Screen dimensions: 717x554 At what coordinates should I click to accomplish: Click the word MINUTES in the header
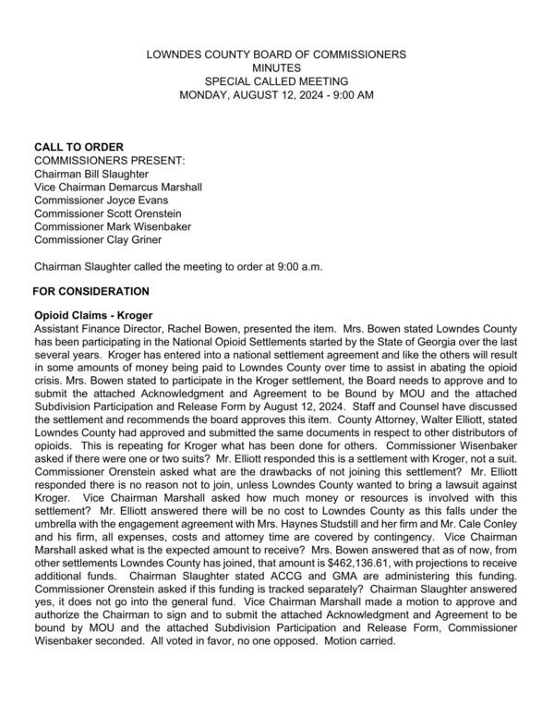point(276,67)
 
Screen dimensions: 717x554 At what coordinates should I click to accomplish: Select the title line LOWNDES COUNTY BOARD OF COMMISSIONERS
point(276,55)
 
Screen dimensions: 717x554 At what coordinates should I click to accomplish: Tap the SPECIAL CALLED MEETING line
point(276,81)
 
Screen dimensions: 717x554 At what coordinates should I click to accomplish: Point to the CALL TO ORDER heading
point(78,147)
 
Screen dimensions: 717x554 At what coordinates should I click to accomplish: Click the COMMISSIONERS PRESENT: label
point(109,160)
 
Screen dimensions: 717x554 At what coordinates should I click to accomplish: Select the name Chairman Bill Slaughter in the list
point(90,174)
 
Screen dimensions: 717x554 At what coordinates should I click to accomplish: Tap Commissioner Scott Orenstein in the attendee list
point(106,213)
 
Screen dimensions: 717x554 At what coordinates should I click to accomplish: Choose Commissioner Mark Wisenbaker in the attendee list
point(111,226)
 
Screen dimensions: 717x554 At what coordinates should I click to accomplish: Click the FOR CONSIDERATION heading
point(90,292)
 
